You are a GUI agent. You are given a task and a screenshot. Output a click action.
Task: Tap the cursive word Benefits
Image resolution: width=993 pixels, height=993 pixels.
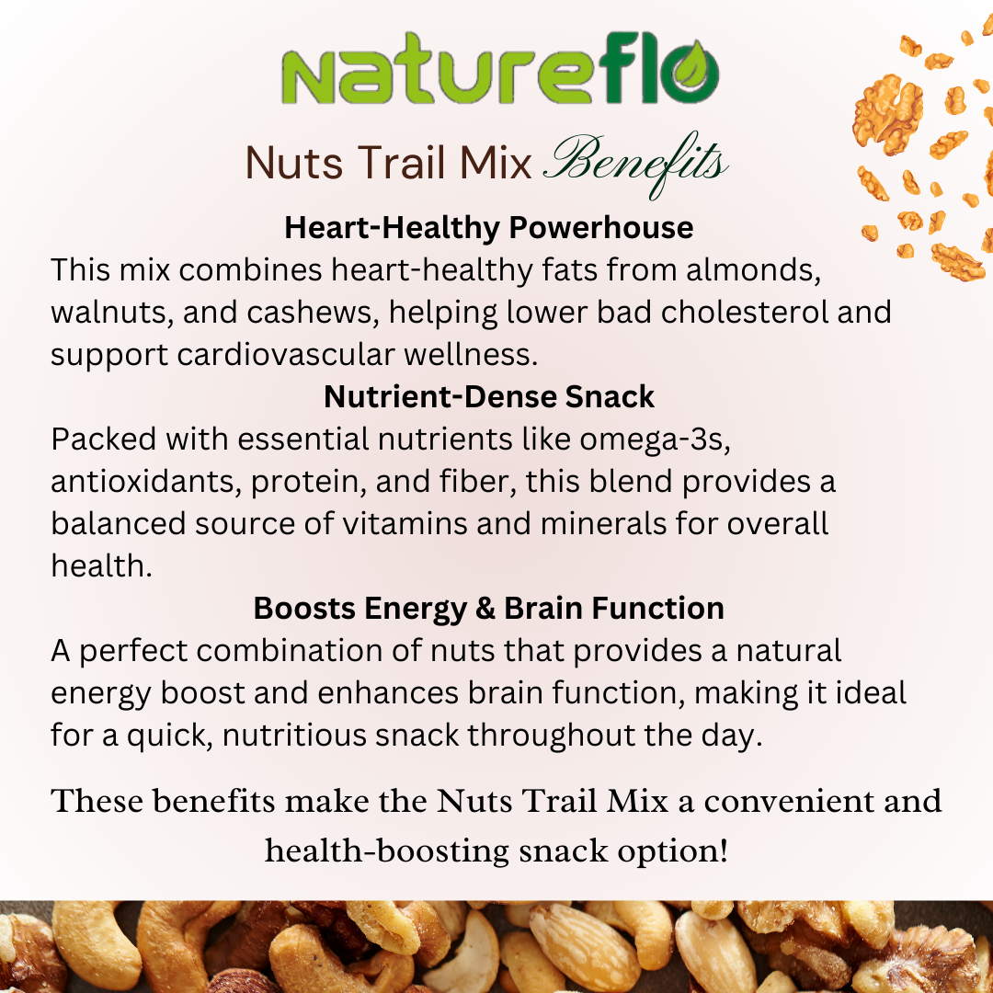coord(636,164)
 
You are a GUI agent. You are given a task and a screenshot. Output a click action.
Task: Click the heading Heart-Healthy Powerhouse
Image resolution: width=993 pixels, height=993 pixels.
coord(488,228)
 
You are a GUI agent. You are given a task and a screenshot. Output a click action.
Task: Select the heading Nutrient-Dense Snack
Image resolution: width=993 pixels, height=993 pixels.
coord(488,397)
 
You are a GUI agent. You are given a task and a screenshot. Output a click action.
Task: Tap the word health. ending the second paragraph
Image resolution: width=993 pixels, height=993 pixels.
coord(101,566)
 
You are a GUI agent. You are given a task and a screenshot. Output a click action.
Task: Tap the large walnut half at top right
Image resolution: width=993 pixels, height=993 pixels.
coord(887,114)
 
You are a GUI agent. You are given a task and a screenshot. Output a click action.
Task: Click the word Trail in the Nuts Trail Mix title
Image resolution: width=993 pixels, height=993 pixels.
coord(402,163)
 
